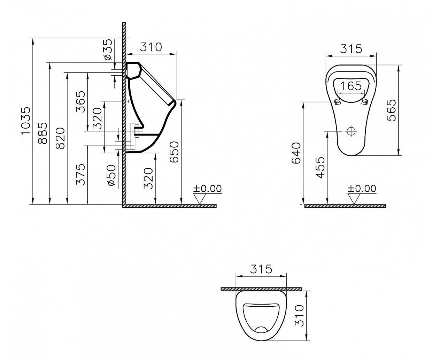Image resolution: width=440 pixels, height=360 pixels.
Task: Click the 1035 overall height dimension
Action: [x=26, y=121]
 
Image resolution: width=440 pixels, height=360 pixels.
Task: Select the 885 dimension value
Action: [x=43, y=133]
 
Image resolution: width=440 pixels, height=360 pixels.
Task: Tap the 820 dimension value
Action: [x=60, y=138]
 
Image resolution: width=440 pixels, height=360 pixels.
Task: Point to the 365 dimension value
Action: [x=80, y=102]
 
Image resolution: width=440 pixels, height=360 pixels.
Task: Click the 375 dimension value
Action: [x=80, y=175]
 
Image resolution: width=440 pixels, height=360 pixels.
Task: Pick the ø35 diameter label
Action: [x=108, y=50]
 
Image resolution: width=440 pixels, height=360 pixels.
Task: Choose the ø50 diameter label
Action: [x=111, y=175]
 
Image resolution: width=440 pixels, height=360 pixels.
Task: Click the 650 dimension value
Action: [x=174, y=152]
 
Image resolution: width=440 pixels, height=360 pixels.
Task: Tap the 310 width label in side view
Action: [x=151, y=47]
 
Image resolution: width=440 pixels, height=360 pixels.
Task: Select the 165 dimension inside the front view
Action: [x=351, y=86]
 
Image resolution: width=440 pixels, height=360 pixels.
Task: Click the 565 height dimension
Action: [x=391, y=110]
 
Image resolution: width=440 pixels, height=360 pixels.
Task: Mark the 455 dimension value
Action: [x=320, y=168]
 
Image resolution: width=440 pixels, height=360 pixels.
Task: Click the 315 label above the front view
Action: [x=351, y=49]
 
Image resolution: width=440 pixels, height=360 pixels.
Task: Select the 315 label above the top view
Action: [x=261, y=269]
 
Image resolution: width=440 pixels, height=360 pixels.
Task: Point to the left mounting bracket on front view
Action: [x=337, y=102]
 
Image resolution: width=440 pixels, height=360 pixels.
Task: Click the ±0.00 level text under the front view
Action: [x=362, y=189]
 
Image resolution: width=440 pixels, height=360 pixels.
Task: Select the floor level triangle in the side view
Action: [x=200, y=198]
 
